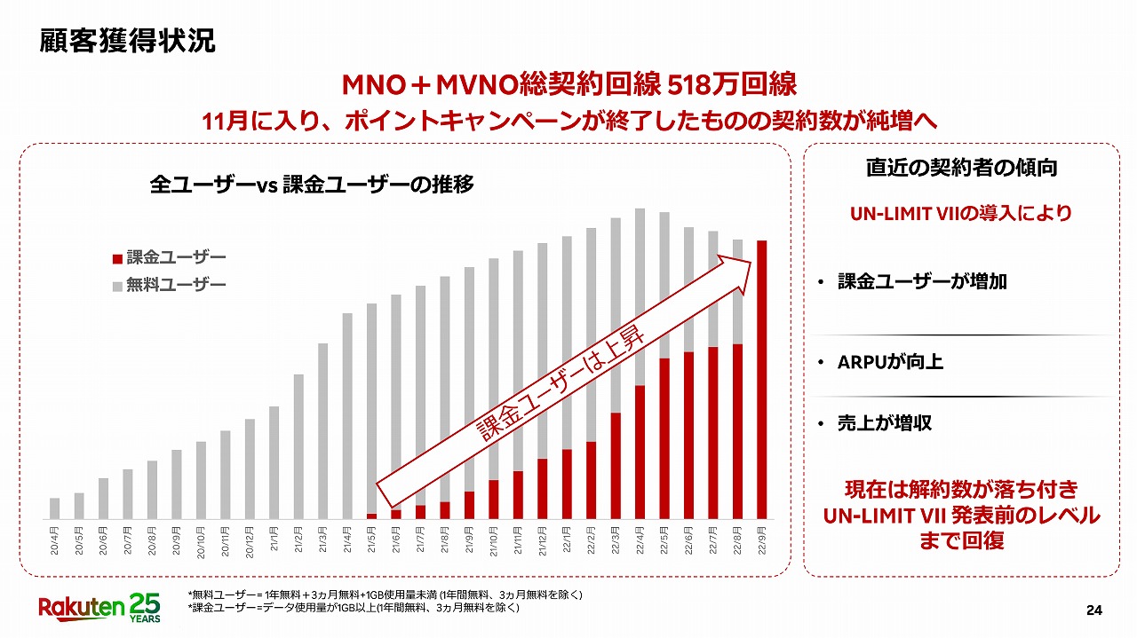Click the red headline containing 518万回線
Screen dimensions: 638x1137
568,84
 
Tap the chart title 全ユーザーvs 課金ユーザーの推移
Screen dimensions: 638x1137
312,185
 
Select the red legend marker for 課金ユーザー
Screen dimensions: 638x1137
115,258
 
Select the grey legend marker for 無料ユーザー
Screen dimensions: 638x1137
115,285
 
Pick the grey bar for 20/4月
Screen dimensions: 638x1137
55,508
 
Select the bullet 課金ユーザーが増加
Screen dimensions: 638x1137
922,282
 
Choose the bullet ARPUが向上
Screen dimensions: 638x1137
890,362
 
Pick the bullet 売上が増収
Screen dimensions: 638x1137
884,422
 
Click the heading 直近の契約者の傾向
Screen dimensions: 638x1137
960,167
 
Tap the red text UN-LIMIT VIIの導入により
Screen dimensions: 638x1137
960,214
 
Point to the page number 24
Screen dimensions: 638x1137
1093,610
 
